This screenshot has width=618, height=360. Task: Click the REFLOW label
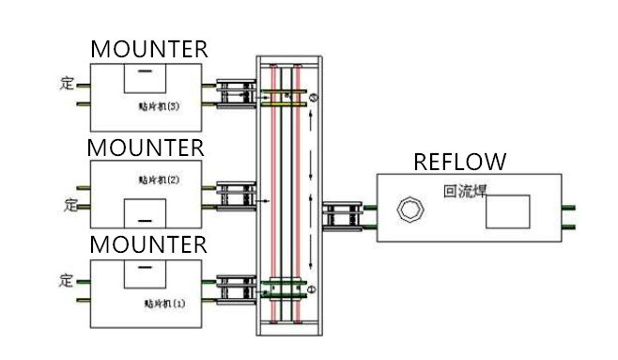click(x=459, y=161)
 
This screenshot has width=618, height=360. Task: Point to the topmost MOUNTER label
click(x=148, y=49)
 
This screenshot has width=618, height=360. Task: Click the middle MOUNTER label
click(x=146, y=148)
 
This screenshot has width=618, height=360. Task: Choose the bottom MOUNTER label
click(x=147, y=245)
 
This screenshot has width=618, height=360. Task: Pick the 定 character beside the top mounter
click(x=66, y=83)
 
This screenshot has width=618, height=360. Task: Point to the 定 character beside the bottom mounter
click(x=66, y=278)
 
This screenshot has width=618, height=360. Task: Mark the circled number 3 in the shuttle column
click(x=315, y=97)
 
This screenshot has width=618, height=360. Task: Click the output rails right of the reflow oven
click(x=568, y=217)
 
